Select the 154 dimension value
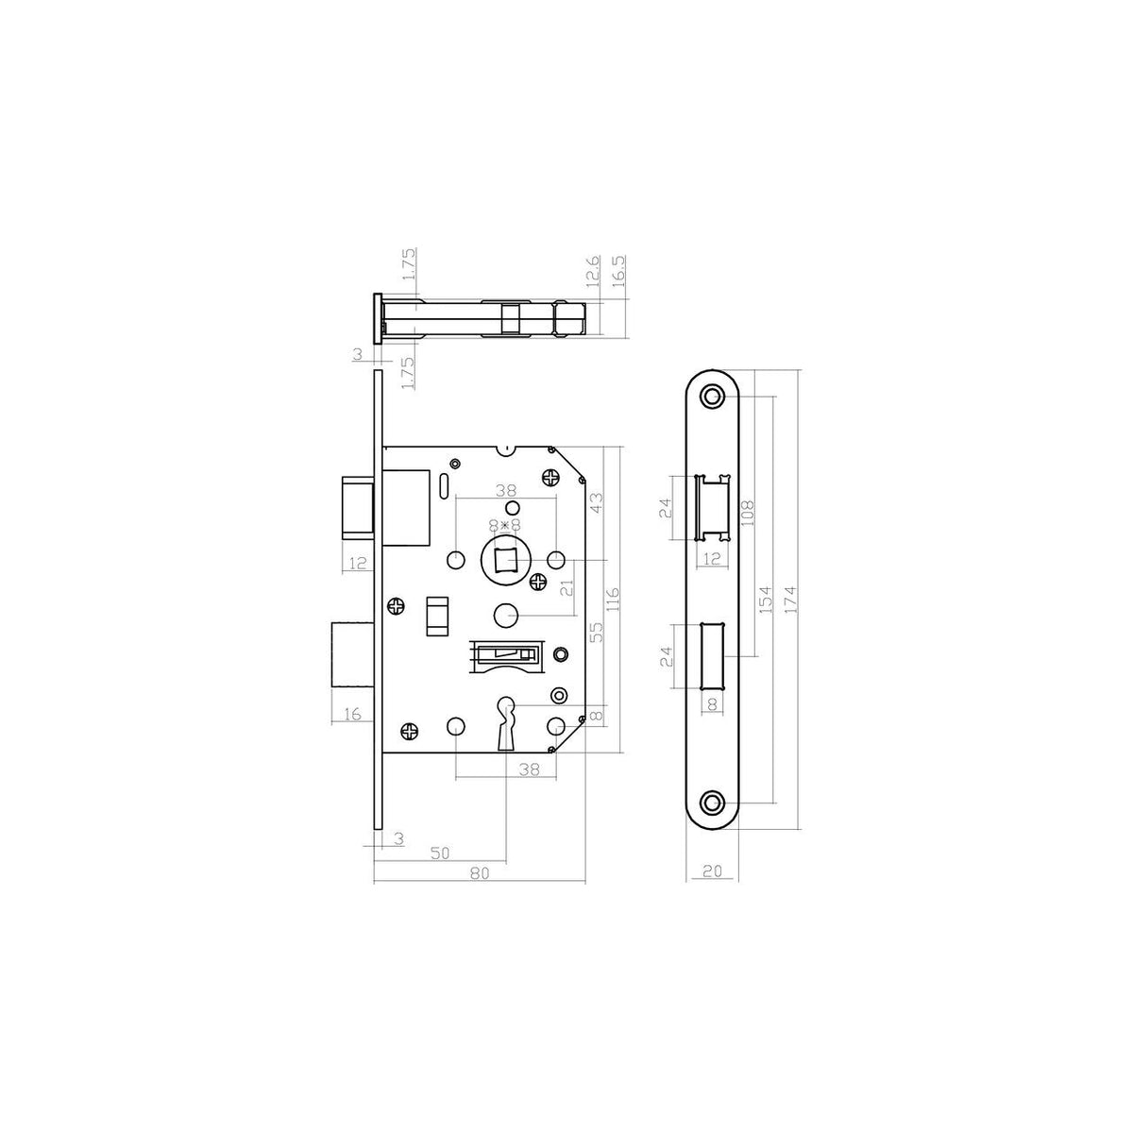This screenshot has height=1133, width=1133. (765, 600)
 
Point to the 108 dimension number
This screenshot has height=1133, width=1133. (747, 514)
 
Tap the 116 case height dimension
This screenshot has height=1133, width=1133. (613, 599)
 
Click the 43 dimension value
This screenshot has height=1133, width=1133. (596, 502)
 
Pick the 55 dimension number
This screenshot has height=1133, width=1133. (596, 632)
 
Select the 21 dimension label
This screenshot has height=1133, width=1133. (566, 588)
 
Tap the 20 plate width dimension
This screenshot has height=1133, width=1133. (712, 871)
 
